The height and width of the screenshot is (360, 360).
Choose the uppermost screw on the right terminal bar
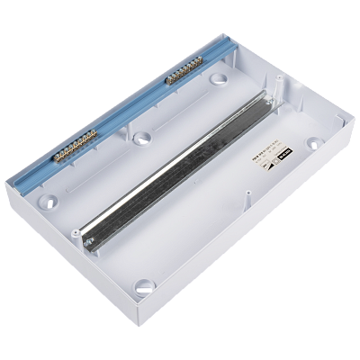click(x=200, y=60)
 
